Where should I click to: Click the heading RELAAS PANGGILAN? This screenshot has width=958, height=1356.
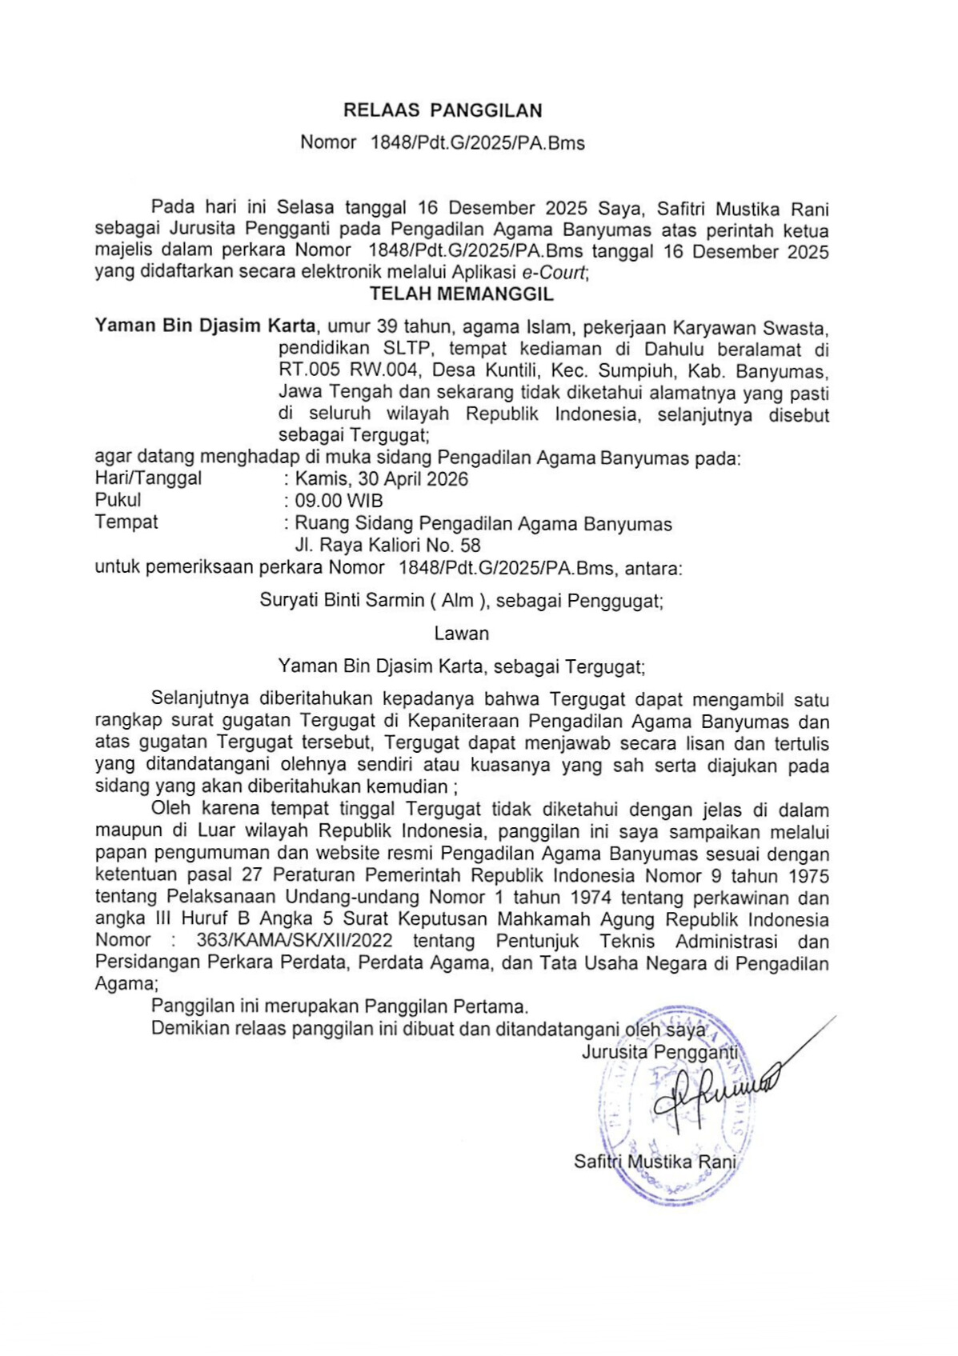(x=443, y=110)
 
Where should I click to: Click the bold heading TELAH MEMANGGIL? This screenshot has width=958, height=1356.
(x=461, y=294)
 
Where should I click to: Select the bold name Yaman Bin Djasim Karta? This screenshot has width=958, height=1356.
(x=205, y=326)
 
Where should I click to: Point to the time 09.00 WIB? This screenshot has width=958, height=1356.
(x=339, y=501)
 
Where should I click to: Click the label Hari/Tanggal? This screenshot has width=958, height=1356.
(x=148, y=478)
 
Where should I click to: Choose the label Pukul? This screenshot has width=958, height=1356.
(x=118, y=500)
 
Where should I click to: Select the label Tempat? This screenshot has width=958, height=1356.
(x=126, y=522)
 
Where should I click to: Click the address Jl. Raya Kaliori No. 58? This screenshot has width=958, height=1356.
(x=387, y=546)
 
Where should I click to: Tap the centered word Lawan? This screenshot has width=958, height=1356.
(x=461, y=634)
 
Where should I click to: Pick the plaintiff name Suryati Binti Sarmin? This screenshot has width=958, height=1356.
(x=342, y=600)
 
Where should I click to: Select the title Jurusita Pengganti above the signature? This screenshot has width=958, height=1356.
(x=659, y=1052)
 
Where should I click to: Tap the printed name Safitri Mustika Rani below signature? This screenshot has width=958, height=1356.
(x=654, y=1162)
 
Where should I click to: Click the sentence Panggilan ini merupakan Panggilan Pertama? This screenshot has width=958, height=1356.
(x=339, y=1006)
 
